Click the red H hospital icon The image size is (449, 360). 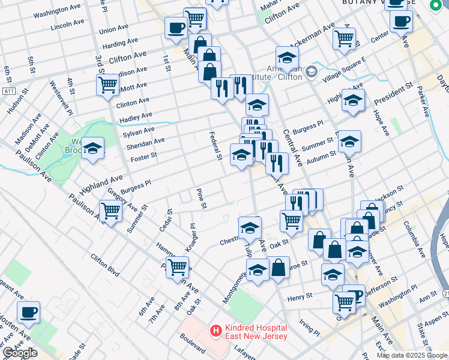214,330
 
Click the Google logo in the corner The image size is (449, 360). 19,353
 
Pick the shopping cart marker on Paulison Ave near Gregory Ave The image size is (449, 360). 111,211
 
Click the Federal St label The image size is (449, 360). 215,146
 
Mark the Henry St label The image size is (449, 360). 300,296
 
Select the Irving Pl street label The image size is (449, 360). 310,328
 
